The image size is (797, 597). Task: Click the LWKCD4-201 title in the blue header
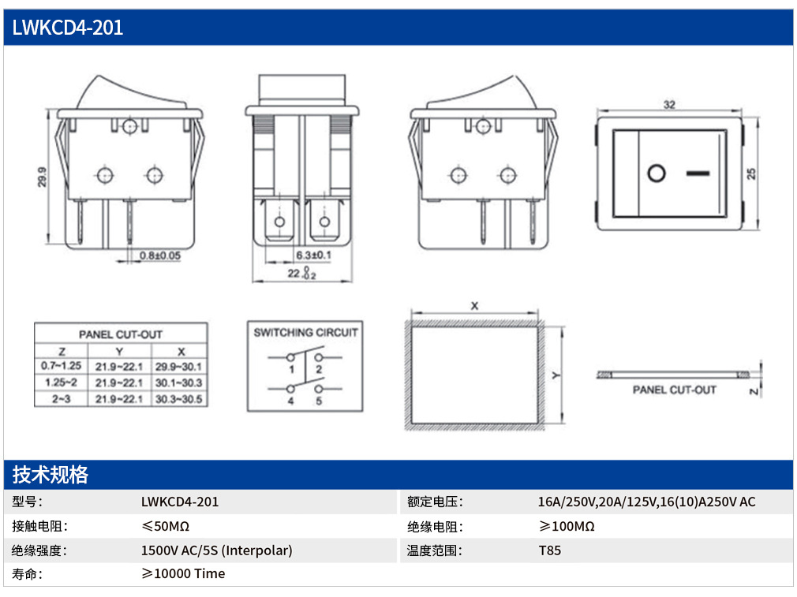(68, 28)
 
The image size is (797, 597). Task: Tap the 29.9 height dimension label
(42, 177)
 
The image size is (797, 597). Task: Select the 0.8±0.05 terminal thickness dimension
(160, 256)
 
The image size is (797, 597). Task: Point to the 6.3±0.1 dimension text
(313, 255)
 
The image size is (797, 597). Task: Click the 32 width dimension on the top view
(669, 105)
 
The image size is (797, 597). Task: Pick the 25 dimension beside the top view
(751, 174)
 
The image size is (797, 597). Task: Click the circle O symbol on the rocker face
(657, 174)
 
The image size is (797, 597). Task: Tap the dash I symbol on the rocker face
(698, 174)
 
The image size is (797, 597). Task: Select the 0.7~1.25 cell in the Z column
(61, 366)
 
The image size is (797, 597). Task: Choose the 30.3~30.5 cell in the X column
(179, 399)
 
